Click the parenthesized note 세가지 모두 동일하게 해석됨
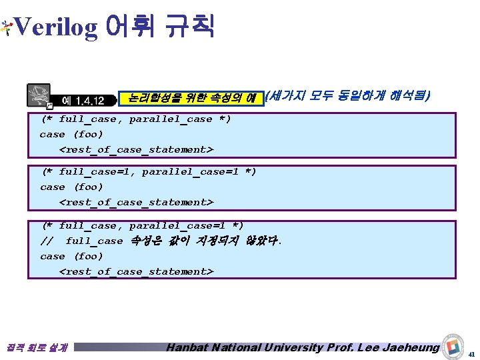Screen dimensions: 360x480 [x=347, y=97]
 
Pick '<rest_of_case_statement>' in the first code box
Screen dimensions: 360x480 [x=136, y=149]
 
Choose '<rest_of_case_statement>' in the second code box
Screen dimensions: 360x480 [x=136, y=202]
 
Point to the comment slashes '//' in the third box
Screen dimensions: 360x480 [x=47, y=241]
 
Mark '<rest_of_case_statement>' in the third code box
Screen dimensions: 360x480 [x=136, y=271]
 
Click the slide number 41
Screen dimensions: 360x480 [x=472, y=353]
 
